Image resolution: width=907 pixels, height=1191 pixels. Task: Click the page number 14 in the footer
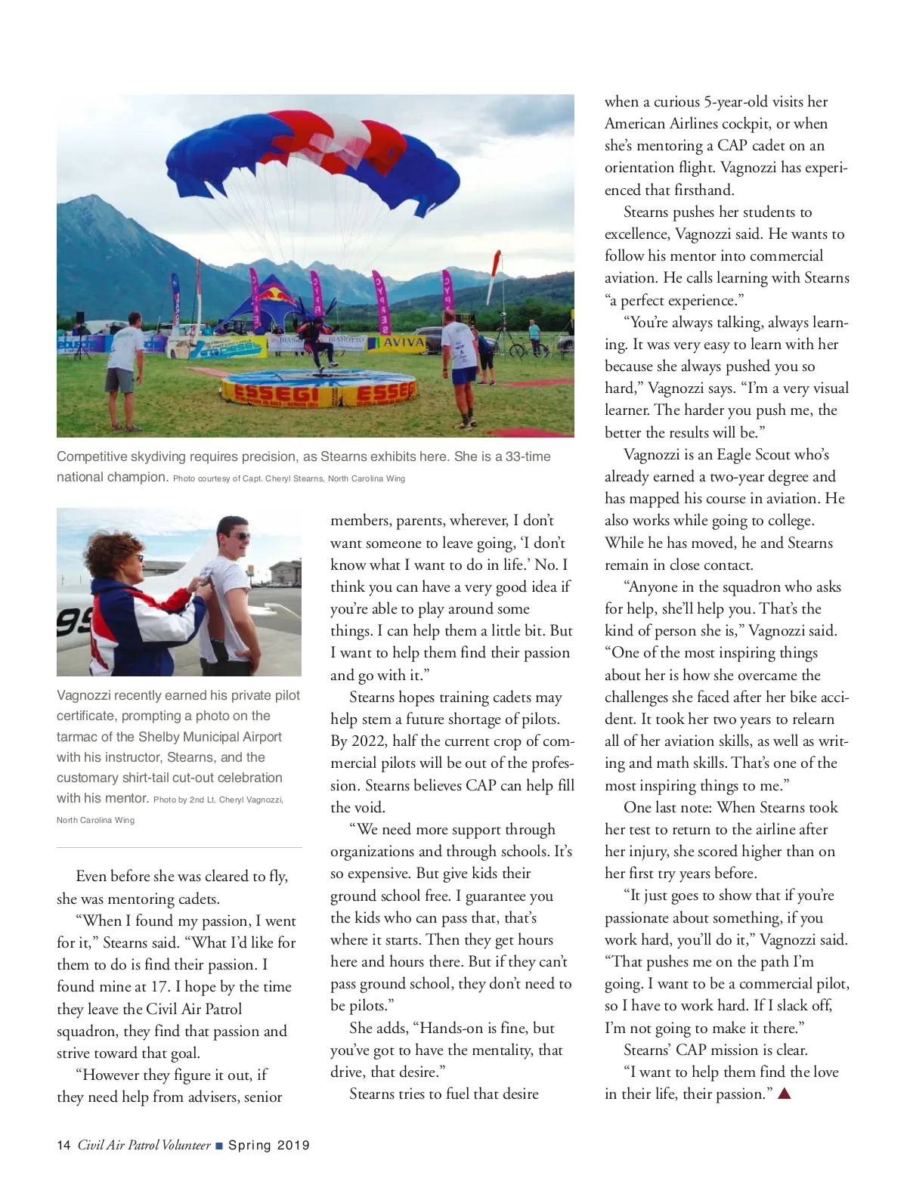point(63,1145)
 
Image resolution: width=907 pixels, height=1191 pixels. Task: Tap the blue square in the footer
point(219,1146)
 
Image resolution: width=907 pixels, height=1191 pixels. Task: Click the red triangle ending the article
point(784,1093)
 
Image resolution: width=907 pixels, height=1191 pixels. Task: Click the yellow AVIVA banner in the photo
point(404,342)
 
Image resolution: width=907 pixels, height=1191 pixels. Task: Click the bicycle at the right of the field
point(522,348)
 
